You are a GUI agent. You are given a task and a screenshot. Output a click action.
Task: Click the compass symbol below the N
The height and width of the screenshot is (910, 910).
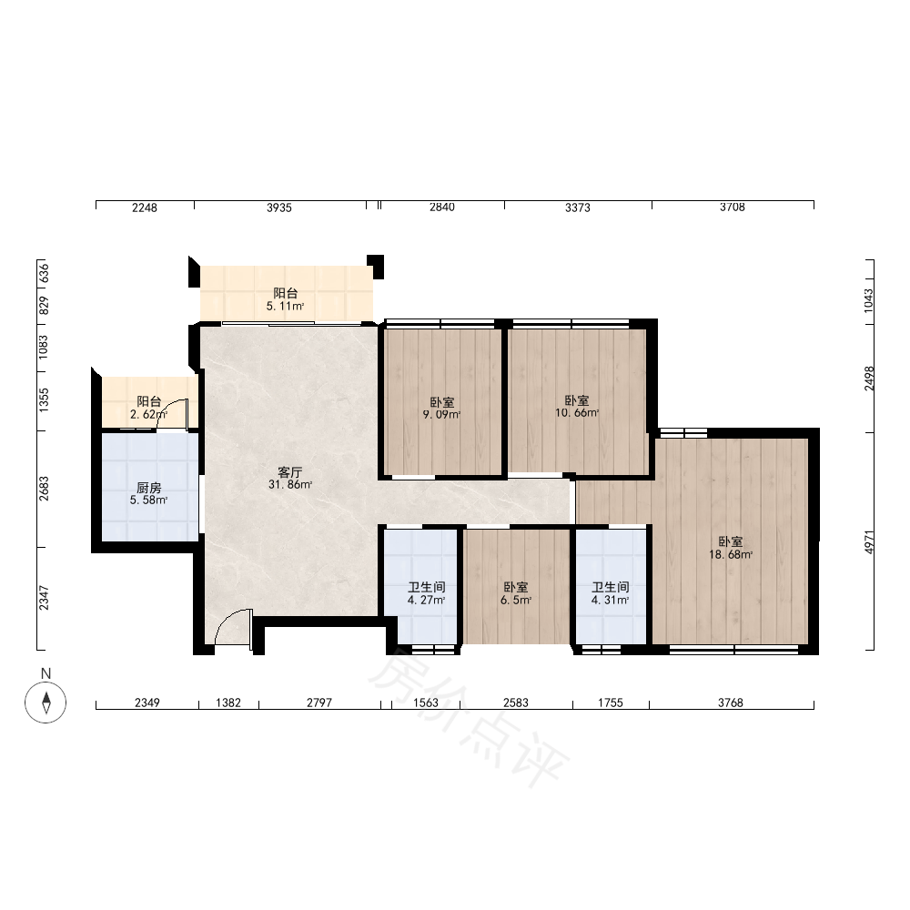pos(45,703)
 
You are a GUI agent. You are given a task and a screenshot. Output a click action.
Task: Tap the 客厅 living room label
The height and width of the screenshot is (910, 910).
pos(290,472)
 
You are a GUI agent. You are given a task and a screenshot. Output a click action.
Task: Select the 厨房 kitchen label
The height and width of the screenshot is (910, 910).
pos(149,488)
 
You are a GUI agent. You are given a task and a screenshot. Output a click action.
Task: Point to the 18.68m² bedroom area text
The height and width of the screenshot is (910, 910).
pos(731,555)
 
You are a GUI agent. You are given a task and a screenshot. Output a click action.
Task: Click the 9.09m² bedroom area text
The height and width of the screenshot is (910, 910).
pos(442,415)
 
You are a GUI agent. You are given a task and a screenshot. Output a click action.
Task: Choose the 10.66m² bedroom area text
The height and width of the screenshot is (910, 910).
pos(577,413)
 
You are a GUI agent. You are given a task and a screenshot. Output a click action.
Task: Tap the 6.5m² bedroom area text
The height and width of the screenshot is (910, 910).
pos(516,600)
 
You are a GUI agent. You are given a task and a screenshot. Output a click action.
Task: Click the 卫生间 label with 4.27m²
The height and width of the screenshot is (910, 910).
pos(427,587)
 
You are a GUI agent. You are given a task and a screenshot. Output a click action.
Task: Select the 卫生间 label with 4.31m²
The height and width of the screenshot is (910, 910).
pos(611,587)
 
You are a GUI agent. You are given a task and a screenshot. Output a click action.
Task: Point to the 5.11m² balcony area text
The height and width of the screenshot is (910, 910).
pos(286,307)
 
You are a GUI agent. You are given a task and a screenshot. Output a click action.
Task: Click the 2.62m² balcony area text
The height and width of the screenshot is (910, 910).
pos(149,414)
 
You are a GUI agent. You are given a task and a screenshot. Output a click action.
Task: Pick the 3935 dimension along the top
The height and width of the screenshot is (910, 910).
pos(279,207)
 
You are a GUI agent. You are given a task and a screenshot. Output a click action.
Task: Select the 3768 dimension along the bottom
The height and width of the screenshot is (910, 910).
pos(731,703)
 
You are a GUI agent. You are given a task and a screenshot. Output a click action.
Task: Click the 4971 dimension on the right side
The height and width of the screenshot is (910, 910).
pos(869,541)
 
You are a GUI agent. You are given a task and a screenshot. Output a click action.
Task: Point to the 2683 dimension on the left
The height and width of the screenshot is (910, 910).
pos(44,489)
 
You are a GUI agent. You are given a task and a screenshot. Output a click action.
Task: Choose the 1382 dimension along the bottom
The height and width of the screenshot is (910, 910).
pos(228,703)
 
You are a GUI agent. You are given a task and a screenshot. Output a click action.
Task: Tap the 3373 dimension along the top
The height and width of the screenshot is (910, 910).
pos(578,207)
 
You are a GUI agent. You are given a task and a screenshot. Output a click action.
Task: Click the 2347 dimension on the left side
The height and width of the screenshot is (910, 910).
pos(44,599)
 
